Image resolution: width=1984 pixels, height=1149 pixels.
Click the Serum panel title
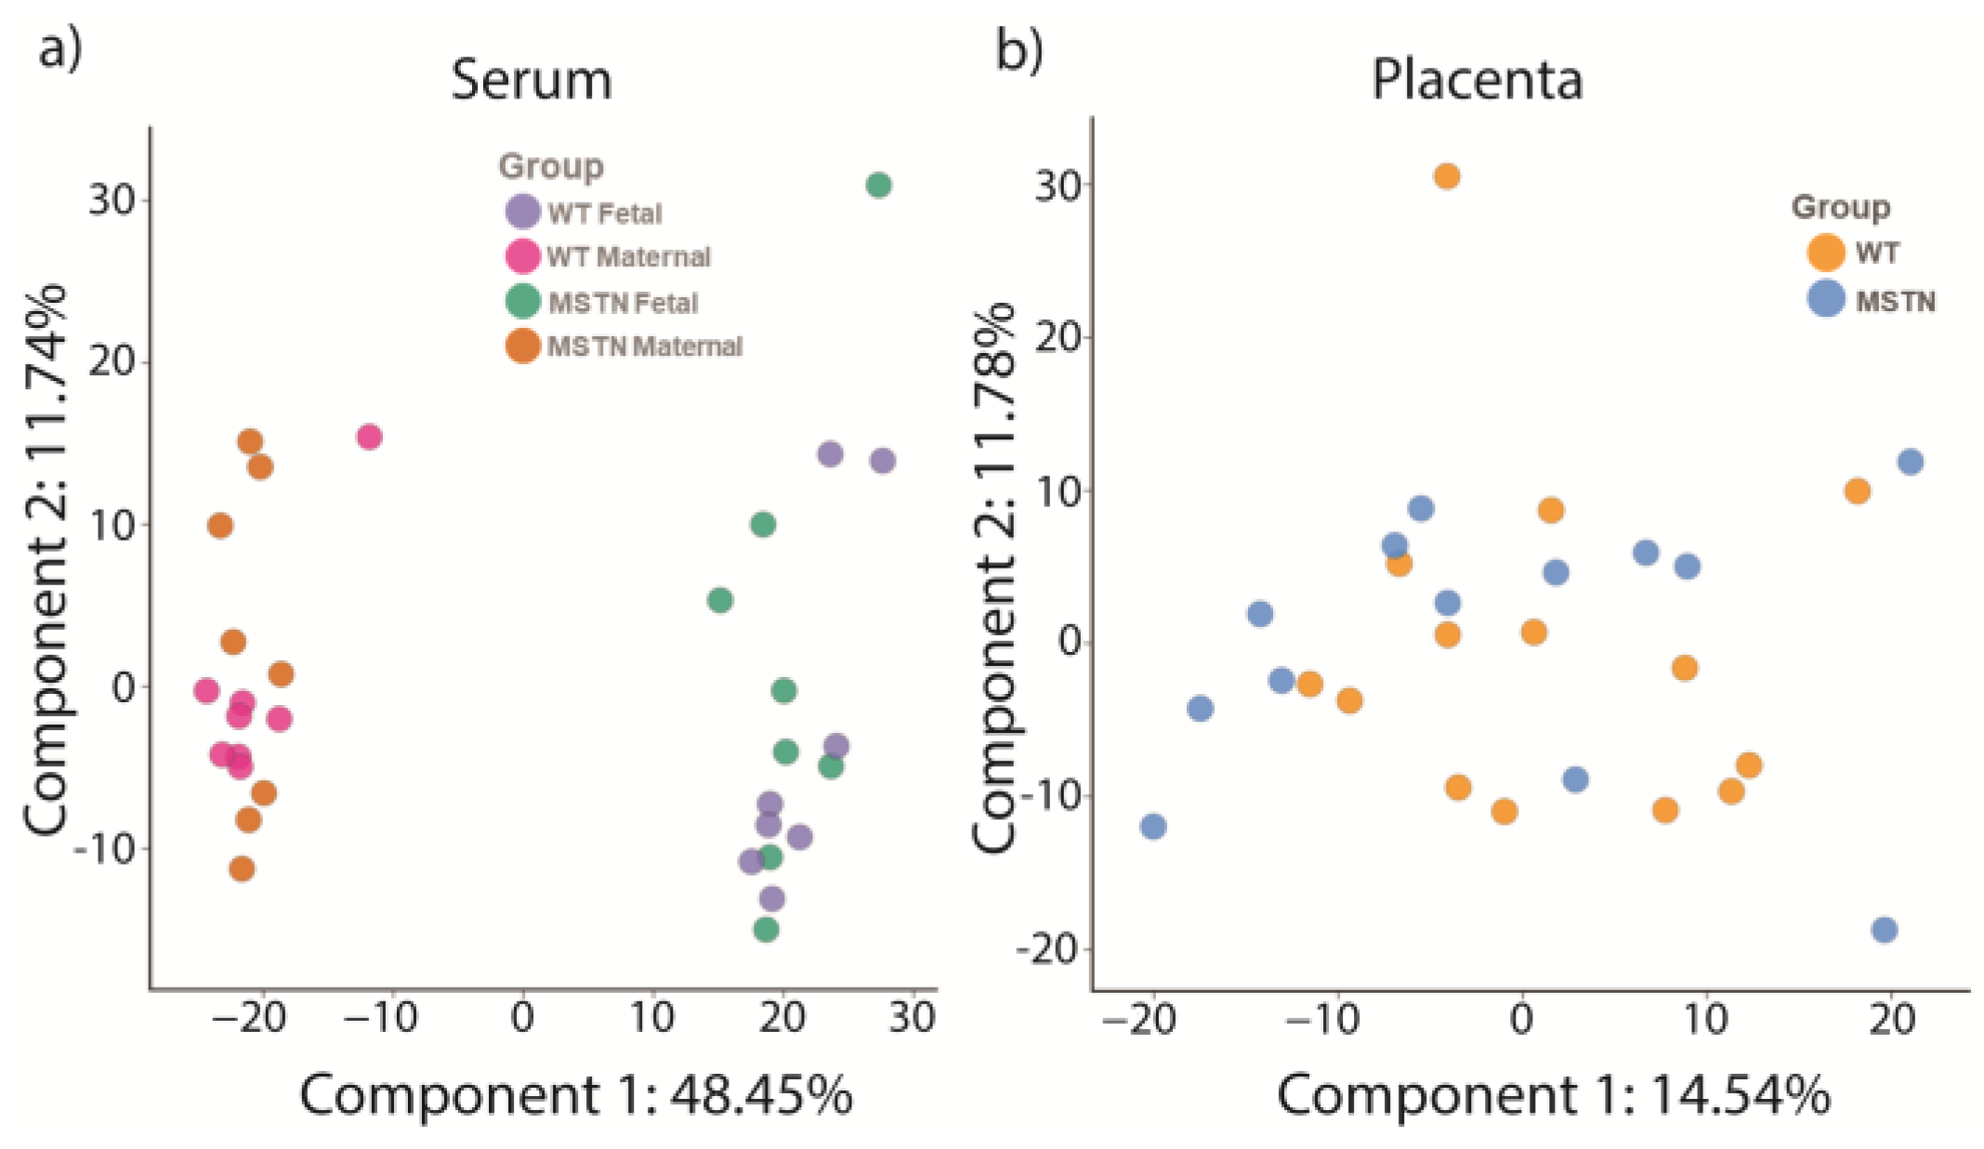click(x=532, y=81)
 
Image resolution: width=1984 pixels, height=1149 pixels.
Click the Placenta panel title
click(x=1477, y=81)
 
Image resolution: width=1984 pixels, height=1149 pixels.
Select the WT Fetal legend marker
click(x=523, y=212)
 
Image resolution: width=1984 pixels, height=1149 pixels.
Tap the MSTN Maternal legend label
click(x=645, y=346)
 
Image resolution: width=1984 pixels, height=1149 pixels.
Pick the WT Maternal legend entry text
click(x=628, y=256)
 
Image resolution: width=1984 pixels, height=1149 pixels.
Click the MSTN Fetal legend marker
click(x=523, y=301)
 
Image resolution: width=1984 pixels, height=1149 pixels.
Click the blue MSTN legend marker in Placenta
click(x=1826, y=299)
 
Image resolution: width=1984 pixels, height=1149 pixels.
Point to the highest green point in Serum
click(x=878, y=186)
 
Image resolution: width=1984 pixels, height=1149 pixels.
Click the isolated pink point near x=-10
click(x=369, y=437)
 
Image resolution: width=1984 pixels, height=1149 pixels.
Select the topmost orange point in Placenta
click(x=1446, y=176)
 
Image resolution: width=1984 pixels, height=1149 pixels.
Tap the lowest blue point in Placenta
click(x=1884, y=930)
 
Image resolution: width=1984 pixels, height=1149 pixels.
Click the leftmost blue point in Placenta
click(x=1152, y=826)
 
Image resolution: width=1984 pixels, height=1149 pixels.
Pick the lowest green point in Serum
click(x=766, y=930)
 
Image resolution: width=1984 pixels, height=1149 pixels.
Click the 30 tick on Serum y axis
click(x=112, y=200)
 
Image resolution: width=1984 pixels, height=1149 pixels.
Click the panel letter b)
click(x=1018, y=48)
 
